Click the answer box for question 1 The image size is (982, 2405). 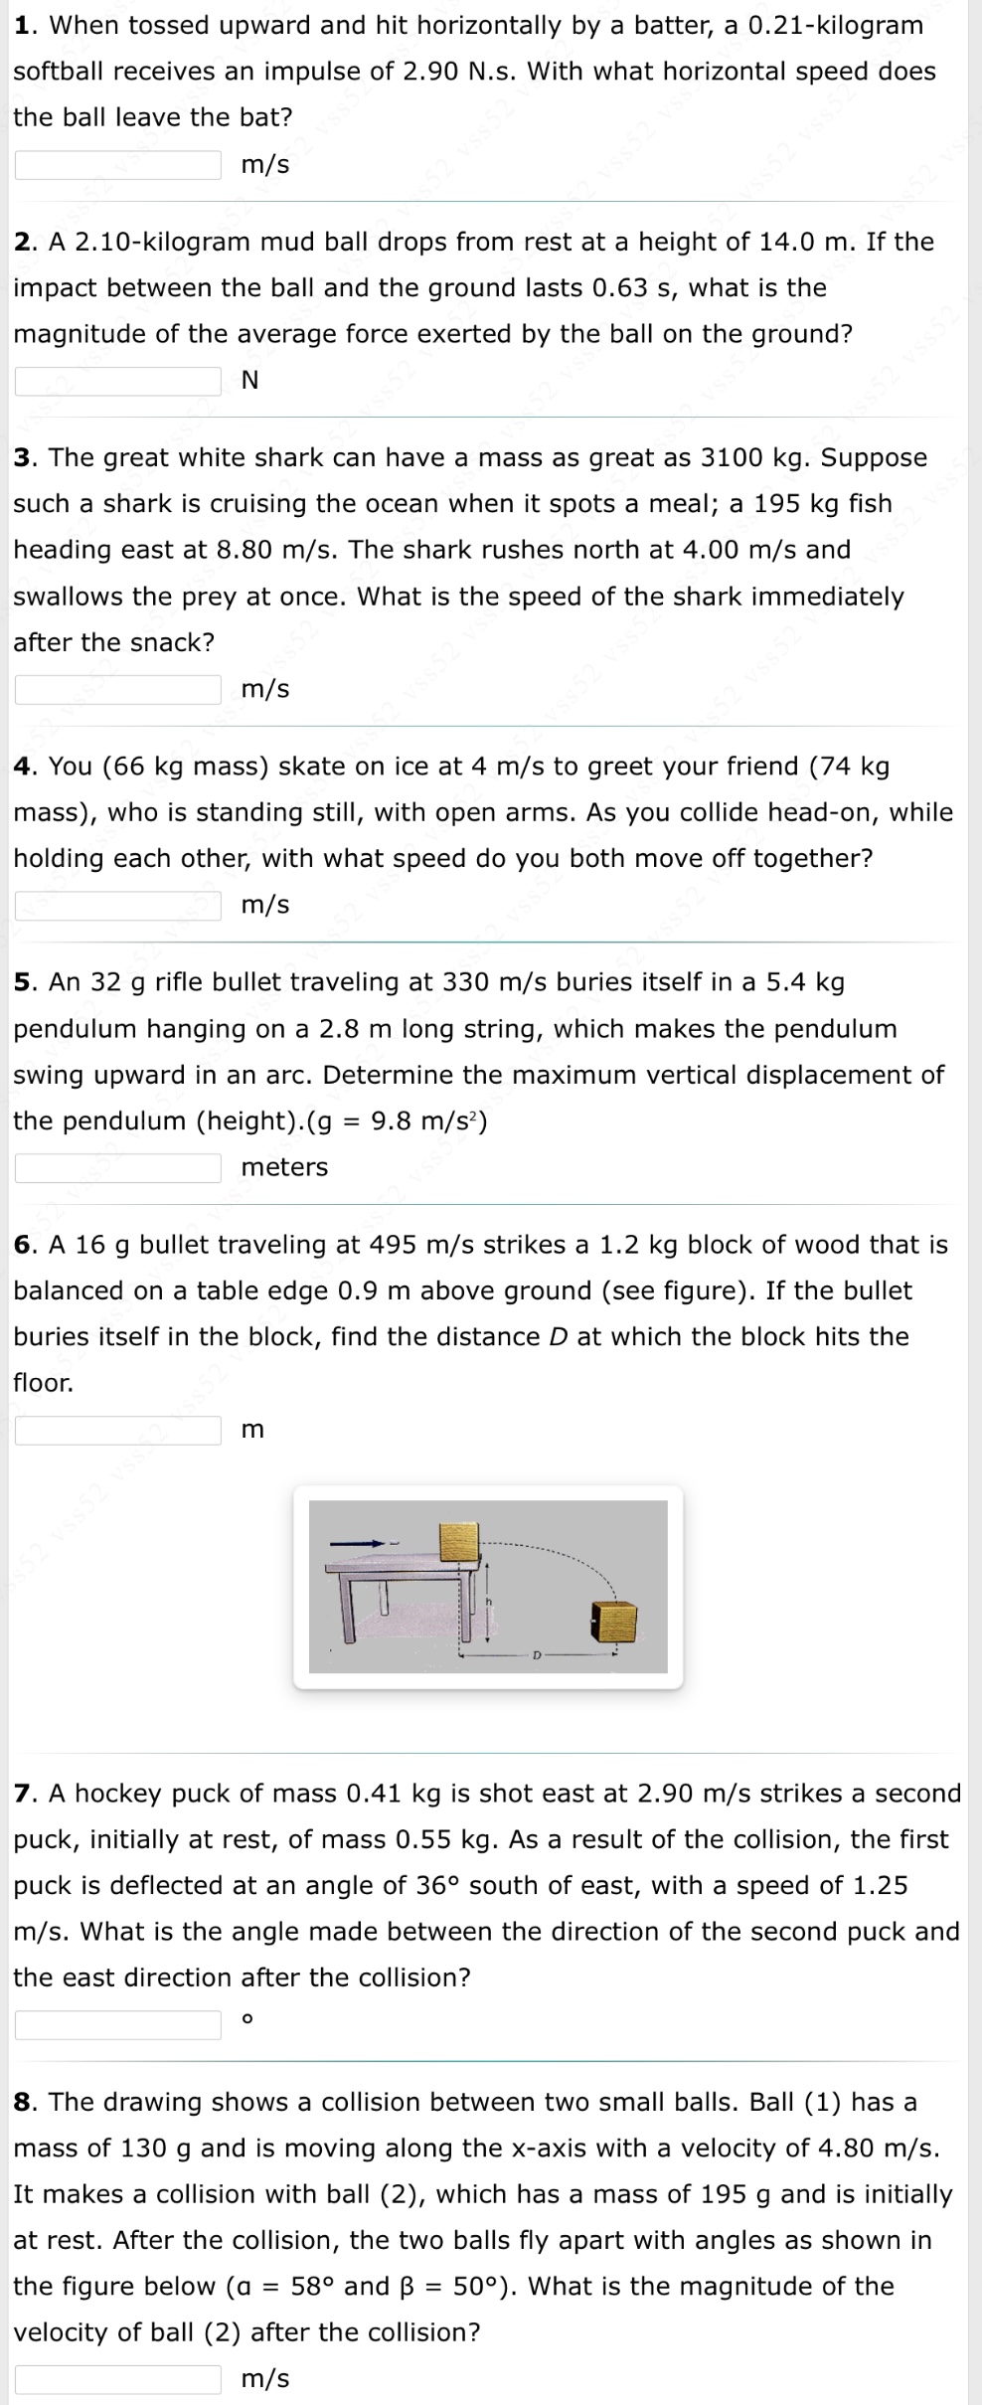pos(117,164)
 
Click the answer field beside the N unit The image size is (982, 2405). pos(117,380)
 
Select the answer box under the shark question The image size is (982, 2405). pos(117,688)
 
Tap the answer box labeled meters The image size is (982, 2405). pos(117,1167)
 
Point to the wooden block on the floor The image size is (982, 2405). pos(612,1622)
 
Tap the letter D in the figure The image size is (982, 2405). pos(537,1656)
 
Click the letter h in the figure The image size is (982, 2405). pos(488,1604)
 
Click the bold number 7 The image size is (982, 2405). pos(26,1794)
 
